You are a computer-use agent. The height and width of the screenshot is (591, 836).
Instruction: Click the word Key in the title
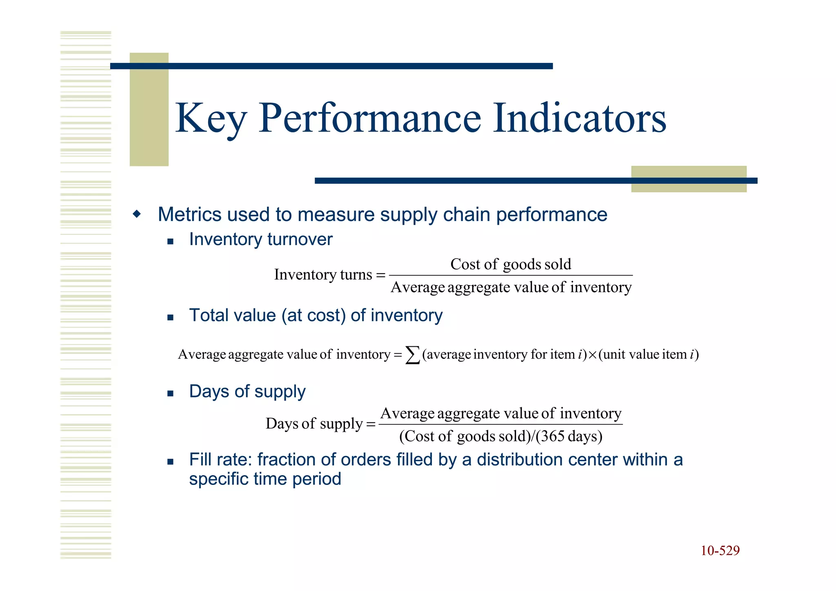[x=210, y=118]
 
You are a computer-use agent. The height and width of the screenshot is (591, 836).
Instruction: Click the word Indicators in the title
[x=579, y=118]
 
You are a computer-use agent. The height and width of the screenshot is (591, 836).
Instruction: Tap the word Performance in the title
[x=370, y=118]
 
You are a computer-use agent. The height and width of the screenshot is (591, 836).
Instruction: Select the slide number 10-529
[x=720, y=551]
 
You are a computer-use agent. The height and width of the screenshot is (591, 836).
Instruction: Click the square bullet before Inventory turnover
[x=171, y=241]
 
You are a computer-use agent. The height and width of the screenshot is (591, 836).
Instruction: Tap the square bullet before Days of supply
[x=171, y=394]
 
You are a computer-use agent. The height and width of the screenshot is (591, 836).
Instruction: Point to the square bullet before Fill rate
[x=171, y=462]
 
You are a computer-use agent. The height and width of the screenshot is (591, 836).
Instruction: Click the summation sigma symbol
[x=412, y=355]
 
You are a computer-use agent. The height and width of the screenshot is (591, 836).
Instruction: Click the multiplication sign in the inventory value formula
[x=592, y=355]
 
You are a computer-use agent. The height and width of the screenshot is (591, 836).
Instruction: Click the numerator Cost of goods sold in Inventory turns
[x=510, y=264]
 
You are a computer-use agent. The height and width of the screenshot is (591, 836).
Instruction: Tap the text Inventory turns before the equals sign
[x=322, y=274]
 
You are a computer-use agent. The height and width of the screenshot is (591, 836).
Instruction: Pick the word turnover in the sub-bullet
[x=300, y=239]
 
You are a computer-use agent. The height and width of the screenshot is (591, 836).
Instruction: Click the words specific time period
[x=265, y=479]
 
